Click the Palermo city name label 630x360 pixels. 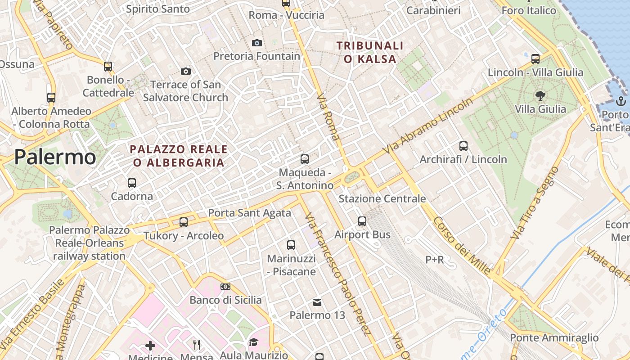55,157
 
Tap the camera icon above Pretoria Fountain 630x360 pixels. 257,43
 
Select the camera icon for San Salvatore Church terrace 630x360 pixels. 185,71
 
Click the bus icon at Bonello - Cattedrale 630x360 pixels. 108,67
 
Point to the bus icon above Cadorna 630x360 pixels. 131,183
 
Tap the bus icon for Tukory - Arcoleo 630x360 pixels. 183,222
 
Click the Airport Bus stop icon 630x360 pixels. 362,221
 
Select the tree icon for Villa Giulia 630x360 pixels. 540,95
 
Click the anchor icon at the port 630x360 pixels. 621,101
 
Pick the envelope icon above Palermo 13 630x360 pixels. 317,302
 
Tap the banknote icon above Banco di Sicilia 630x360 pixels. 225,287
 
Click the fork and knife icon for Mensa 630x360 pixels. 197,345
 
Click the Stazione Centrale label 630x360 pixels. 382,198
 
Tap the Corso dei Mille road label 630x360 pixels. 462,245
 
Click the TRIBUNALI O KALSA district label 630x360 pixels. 370,52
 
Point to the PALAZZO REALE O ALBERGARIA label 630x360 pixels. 179,156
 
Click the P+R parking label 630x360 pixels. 434,260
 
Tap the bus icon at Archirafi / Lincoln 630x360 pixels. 463,146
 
